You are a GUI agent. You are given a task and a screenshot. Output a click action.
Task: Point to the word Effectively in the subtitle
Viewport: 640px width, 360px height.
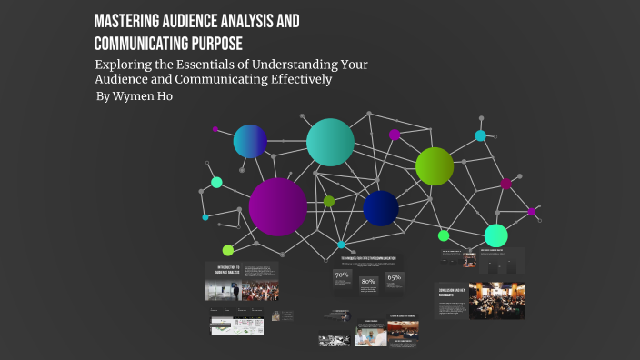[299, 80]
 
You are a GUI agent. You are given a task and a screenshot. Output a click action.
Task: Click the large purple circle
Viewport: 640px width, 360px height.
[277, 206]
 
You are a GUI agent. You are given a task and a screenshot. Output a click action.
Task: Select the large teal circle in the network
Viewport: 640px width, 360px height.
[330, 142]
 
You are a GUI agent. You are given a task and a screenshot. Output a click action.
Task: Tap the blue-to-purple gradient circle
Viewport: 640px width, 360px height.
[250, 141]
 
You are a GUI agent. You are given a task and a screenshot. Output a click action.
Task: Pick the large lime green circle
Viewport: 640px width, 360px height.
[435, 165]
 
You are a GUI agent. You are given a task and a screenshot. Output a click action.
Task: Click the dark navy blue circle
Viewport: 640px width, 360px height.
[380, 208]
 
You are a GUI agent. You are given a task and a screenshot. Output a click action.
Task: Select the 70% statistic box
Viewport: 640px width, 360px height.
[343, 276]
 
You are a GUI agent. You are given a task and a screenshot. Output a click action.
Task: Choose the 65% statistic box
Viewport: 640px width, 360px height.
[394, 278]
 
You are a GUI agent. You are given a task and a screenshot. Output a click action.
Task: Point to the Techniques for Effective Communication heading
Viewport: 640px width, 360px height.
[368, 259]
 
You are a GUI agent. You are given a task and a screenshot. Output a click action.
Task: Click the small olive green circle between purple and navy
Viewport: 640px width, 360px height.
[329, 201]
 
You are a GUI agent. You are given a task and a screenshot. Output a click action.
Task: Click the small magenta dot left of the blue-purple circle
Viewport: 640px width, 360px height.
[215, 130]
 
